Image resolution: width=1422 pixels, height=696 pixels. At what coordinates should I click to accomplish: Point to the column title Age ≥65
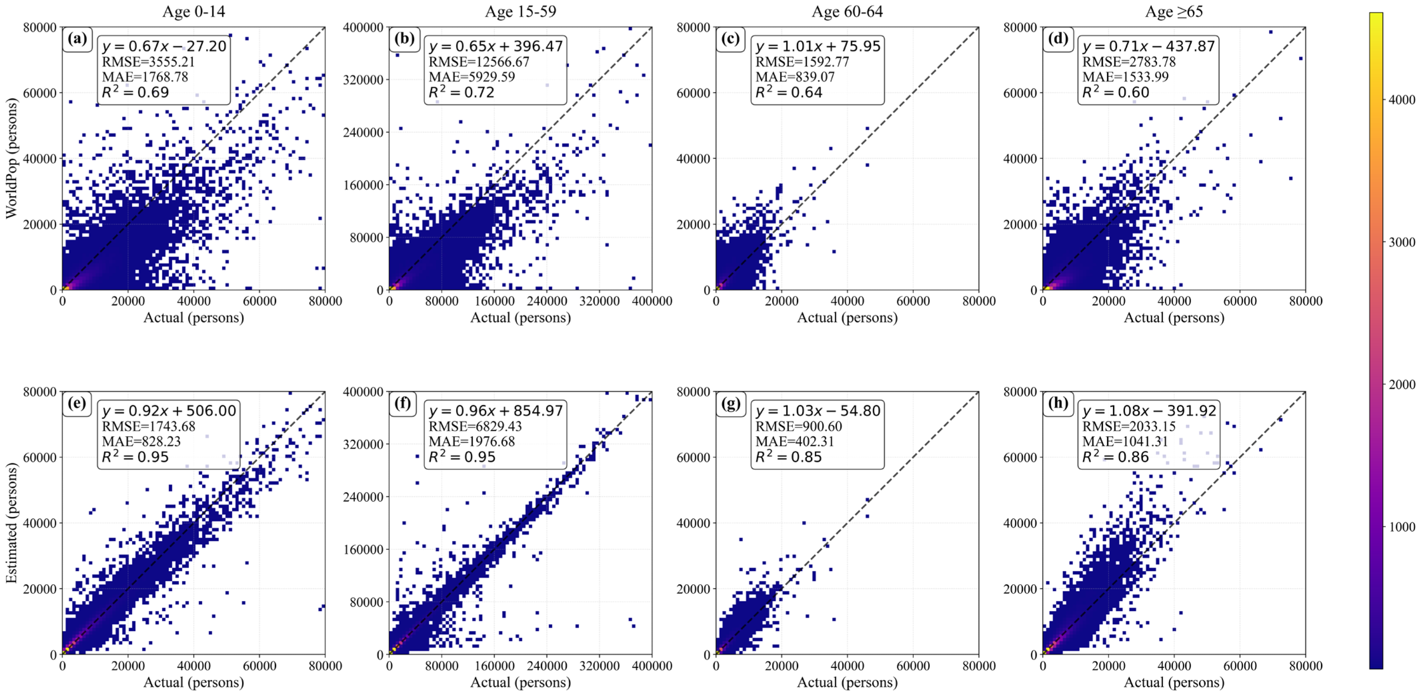pyautogui.click(x=1174, y=12)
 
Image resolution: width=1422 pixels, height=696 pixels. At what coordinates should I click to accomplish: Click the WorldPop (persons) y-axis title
pyautogui.click(x=12, y=158)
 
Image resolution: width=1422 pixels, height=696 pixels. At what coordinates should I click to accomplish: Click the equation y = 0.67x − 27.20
pyautogui.click(x=164, y=46)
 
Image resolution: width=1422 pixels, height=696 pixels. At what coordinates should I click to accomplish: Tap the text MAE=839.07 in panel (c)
pyautogui.click(x=795, y=77)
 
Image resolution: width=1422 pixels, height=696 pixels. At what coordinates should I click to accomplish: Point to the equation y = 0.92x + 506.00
pyautogui.click(x=168, y=411)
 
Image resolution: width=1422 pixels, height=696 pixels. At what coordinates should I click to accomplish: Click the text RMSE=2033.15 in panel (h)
pyautogui.click(x=1128, y=426)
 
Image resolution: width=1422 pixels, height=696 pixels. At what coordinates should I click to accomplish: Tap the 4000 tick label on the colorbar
pyautogui.click(x=1402, y=100)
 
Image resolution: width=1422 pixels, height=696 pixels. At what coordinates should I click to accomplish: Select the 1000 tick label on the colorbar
pyautogui.click(x=1402, y=527)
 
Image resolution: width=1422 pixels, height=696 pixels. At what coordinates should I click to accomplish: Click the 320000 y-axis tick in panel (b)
pyautogui.click(x=363, y=79)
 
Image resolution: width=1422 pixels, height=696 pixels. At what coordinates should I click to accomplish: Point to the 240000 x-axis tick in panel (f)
pyautogui.click(x=546, y=666)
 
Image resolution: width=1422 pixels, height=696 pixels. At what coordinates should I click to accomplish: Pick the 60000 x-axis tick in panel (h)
pyautogui.click(x=1240, y=666)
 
